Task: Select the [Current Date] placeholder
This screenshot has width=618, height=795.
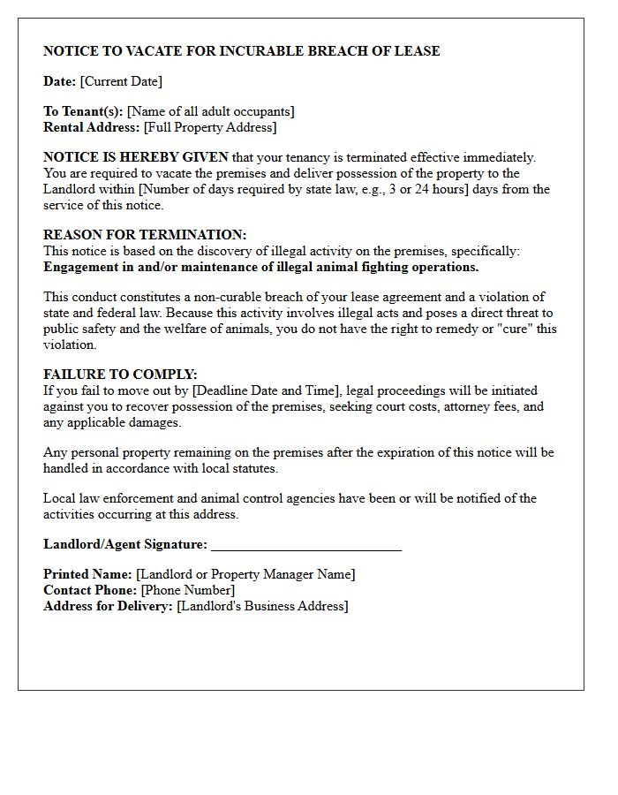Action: pos(121,81)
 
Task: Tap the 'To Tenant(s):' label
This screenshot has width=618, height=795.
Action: pos(83,111)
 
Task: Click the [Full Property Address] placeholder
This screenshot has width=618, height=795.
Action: pos(210,127)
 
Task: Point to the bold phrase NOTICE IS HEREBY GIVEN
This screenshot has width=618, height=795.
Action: pos(136,157)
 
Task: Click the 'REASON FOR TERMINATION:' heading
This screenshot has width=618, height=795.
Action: pos(145,235)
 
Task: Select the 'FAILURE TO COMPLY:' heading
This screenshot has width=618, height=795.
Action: pos(120,375)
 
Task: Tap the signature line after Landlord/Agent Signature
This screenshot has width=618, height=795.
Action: pos(306,545)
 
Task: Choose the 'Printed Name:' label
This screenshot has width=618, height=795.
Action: pos(87,574)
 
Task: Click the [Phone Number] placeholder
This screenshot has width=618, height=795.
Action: pos(188,590)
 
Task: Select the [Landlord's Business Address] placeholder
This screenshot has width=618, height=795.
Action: pos(262,606)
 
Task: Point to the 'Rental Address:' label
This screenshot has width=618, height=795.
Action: pos(92,127)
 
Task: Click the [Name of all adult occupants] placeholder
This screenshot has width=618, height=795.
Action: pos(211,111)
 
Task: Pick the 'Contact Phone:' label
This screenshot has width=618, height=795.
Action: pos(90,590)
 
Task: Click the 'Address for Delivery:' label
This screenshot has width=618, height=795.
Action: pos(108,606)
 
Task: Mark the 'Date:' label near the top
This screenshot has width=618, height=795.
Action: pos(59,81)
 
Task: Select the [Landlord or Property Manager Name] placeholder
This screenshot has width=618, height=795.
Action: pos(245,574)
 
